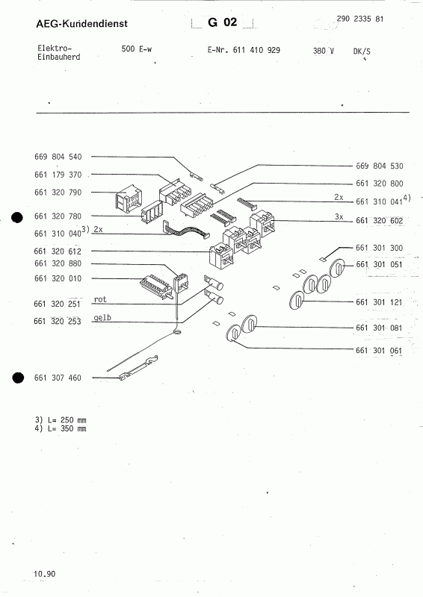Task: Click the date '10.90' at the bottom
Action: pyautogui.click(x=44, y=574)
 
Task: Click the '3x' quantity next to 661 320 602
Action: pyautogui.click(x=339, y=216)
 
